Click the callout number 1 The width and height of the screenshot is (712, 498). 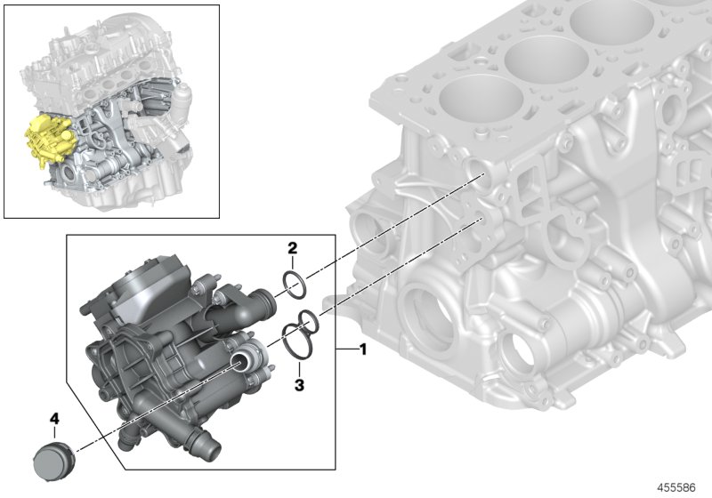point(362,349)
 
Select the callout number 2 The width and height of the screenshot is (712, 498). point(291,247)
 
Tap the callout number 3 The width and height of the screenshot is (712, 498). point(300,385)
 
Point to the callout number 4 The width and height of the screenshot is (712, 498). point(53,417)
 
